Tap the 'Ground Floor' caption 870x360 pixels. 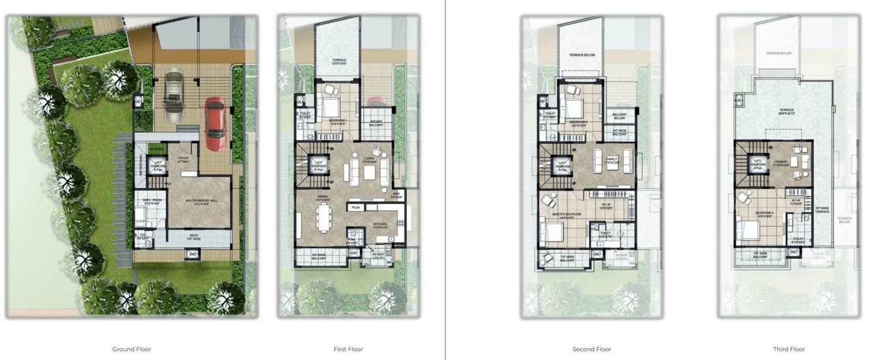(x=132, y=350)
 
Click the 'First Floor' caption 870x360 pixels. (x=348, y=350)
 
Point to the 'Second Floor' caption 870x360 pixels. (x=592, y=350)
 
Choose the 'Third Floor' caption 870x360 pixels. (x=789, y=350)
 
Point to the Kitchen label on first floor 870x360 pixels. (x=380, y=225)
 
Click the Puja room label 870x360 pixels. (x=356, y=208)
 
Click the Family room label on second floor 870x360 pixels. (x=611, y=159)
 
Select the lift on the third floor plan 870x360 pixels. (x=756, y=165)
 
